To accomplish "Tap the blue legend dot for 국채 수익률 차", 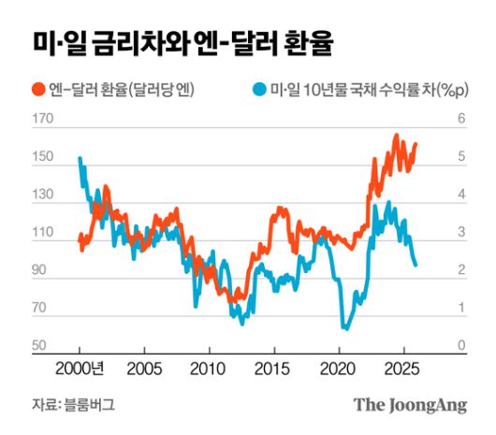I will pyautogui.click(x=259, y=90).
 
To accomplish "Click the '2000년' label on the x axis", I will pyautogui.click(x=86, y=367).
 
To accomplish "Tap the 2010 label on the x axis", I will pyautogui.click(x=208, y=367).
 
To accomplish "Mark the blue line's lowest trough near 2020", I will pyautogui.click(x=345, y=328).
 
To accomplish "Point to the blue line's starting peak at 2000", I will pyautogui.click(x=80, y=159).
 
